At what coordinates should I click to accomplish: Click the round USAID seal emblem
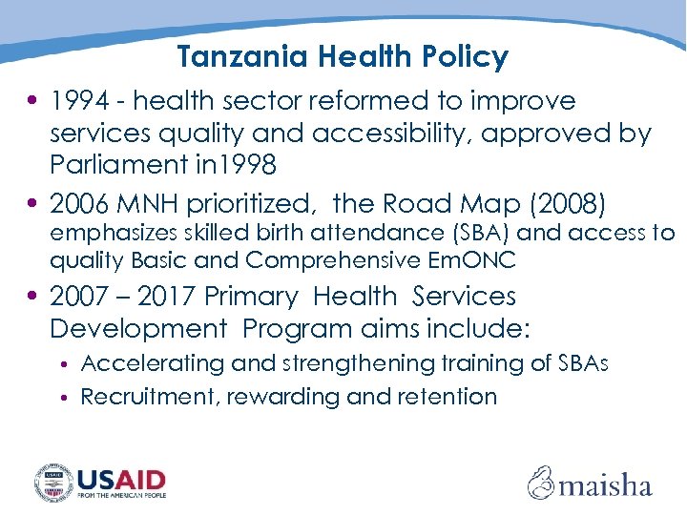[53, 482]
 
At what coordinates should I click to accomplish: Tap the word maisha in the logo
[605, 484]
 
